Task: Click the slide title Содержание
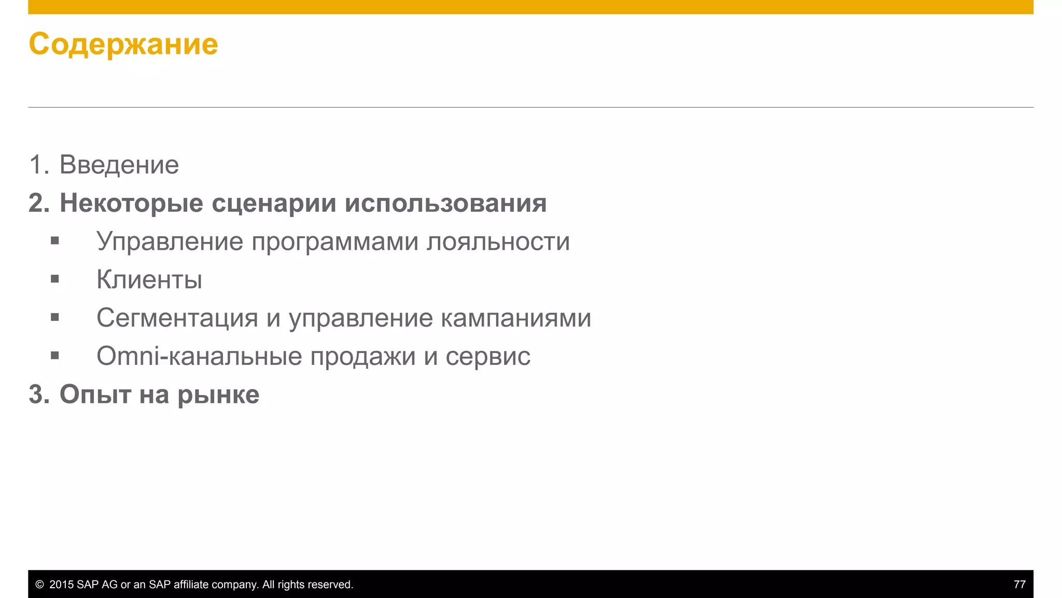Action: click(x=123, y=44)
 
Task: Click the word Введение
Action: click(x=119, y=165)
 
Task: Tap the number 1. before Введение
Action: click(x=39, y=165)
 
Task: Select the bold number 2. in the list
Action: click(x=39, y=203)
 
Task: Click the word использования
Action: click(x=445, y=203)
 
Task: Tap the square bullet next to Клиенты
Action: click(x=55, y=279)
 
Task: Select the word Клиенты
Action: click(x=149, y=280)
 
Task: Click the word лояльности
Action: click(x=498, y=242)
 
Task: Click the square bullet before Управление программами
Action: click(x=55, y=241)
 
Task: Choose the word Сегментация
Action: click(x=177, y=318)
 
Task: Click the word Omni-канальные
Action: click(x=200, y=356)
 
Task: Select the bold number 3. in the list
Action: click(x=39, y=395)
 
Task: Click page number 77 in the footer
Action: click(x=1019, y=585)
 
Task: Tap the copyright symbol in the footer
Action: click(x=39, y=585)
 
